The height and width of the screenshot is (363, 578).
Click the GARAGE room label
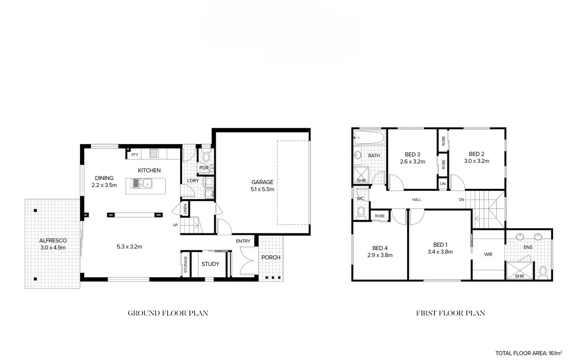[263, 182]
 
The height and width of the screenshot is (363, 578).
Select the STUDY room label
[210, 264]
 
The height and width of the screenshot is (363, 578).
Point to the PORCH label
[271, 257]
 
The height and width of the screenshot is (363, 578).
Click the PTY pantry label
[135, 155]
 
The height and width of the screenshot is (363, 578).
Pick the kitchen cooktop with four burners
[154, 154]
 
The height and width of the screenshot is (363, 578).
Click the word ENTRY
[243, 241]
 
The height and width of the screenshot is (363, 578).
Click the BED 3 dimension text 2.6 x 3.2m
[412, 161]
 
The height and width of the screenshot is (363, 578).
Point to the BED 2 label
[476, 154]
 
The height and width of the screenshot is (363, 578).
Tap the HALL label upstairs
[417, 200]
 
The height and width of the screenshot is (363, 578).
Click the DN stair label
[461, 200]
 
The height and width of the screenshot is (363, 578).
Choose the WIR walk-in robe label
[488, 254]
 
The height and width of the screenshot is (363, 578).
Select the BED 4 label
[380, 248]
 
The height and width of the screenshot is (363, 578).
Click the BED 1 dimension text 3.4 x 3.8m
[440, 251]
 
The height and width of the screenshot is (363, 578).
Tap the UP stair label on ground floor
[176, 225]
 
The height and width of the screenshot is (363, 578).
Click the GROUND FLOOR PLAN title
[168, 313]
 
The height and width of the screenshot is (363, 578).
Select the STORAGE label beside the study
[185, 265]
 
